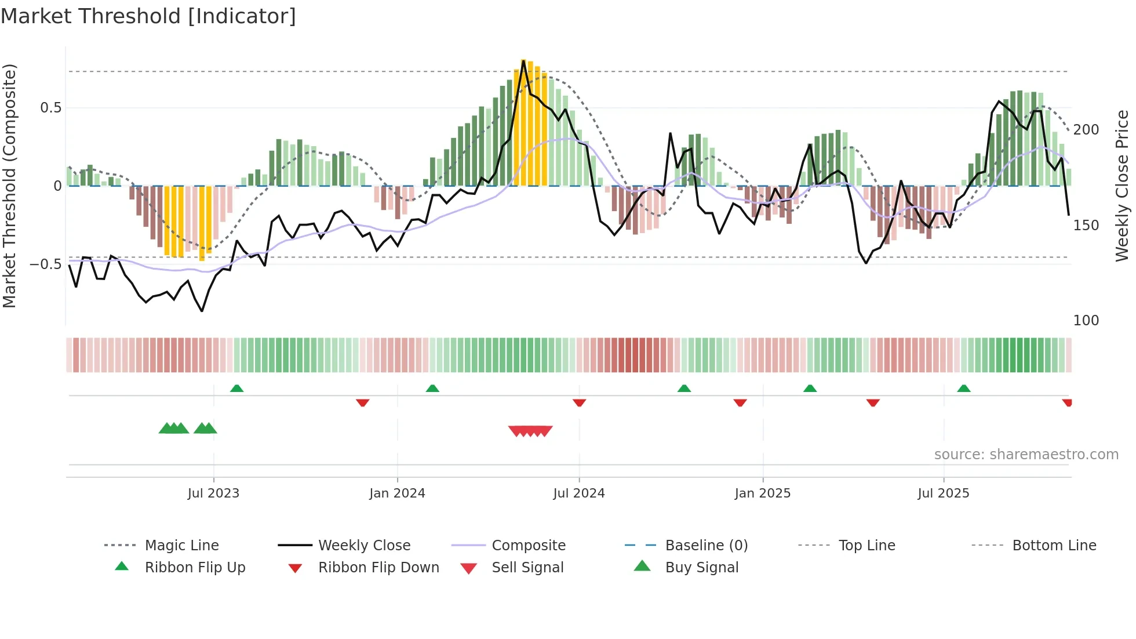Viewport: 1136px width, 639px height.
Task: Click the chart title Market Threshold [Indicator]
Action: point(148,16)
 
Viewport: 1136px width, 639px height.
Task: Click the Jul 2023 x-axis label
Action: point(213,493)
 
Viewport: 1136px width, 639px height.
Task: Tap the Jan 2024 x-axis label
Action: point(397,493)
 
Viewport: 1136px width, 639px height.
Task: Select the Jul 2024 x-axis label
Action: point(578,493)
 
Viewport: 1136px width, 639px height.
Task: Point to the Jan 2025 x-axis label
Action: point(762,493)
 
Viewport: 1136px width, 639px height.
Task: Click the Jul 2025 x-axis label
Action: point(943,493)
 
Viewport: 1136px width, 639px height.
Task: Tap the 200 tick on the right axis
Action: point(1086,130)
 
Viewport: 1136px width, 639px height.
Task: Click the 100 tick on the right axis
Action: point(1086,321)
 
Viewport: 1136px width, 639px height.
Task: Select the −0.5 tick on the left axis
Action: point(46,264)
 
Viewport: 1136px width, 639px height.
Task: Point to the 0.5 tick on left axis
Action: point(50,108)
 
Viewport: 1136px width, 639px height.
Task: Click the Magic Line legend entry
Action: point(181,546)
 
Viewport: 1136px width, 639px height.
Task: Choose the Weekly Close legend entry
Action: point(364,546)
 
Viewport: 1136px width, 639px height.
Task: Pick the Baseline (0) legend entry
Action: point(706,546)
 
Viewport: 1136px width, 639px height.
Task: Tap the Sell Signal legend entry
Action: point(527,568)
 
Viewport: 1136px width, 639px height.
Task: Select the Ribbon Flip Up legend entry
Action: point(195,568)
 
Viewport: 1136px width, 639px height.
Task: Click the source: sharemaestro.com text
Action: point(1026,455)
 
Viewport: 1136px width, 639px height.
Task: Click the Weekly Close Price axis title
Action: point(1122,186)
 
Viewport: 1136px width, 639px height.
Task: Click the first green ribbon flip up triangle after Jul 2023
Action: point(236,389)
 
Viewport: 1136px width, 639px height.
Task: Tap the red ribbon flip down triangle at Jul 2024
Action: point(579,402)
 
